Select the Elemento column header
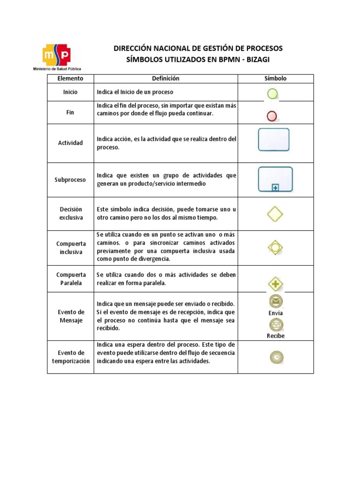[x=70, y=78]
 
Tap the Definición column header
[x=165, y=78]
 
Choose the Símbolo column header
[x=276, y=78]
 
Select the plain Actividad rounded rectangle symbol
[x=274, y=140]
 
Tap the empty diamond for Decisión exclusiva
[x=275, y=214]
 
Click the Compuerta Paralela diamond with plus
[x=275, y=284]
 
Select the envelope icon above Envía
[x=276, y=301]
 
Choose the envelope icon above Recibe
[x=276, y=324]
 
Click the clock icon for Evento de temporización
[x=276, y=358]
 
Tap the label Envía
[x=276, y=313]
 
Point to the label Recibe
[x=276, y=336]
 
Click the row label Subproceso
[x=70, y=180]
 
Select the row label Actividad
[x=70, y=142]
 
